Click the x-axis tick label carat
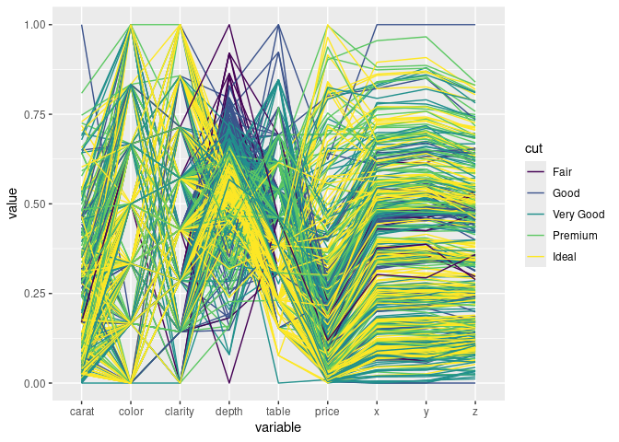pos(82,413)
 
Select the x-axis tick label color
pos(131,413)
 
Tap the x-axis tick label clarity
pos(180,413)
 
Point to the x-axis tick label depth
pos(229,413)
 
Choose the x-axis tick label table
pos(278,413)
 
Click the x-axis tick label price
pos(327,413)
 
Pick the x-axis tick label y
pos(426,413)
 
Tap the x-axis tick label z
pos(474,413)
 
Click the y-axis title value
pos(13,204)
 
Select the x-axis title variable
pos(278,428)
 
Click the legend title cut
pos(532,148)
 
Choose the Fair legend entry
pos(562,172)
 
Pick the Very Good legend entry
pos(578,215)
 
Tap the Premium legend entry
pos(573,236)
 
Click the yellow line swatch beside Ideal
pos(535,257)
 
